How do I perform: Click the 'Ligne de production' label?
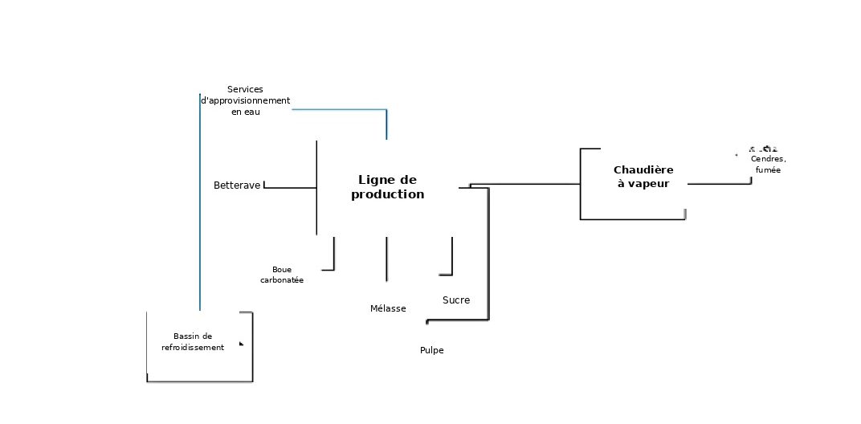point(388,187)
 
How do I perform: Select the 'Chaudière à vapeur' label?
point(643,177)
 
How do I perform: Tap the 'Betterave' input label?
point(237,185)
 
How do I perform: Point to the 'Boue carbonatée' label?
point(282,275)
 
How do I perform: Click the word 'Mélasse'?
point(388,308)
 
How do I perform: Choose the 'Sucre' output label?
point(456,300)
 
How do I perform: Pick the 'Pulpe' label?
point(431,350)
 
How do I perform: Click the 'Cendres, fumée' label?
point(768,164)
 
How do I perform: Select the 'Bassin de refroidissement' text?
point(193,341)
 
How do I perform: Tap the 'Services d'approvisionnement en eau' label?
point(245,100)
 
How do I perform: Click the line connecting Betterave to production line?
point(290,188)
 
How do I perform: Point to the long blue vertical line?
point(200,202)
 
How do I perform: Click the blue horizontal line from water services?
point(340,110)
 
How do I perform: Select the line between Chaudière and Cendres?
point(720,184)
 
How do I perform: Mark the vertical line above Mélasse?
point(386,259)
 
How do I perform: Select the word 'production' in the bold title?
point(388,194)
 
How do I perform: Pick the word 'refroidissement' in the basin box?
point(193,347)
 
